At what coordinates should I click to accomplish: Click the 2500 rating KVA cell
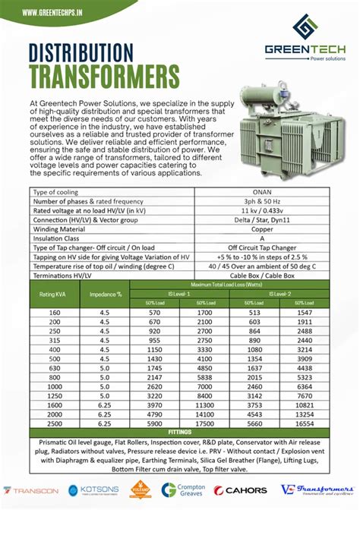53,427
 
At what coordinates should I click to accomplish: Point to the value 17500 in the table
204,427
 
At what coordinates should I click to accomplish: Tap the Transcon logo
30,491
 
